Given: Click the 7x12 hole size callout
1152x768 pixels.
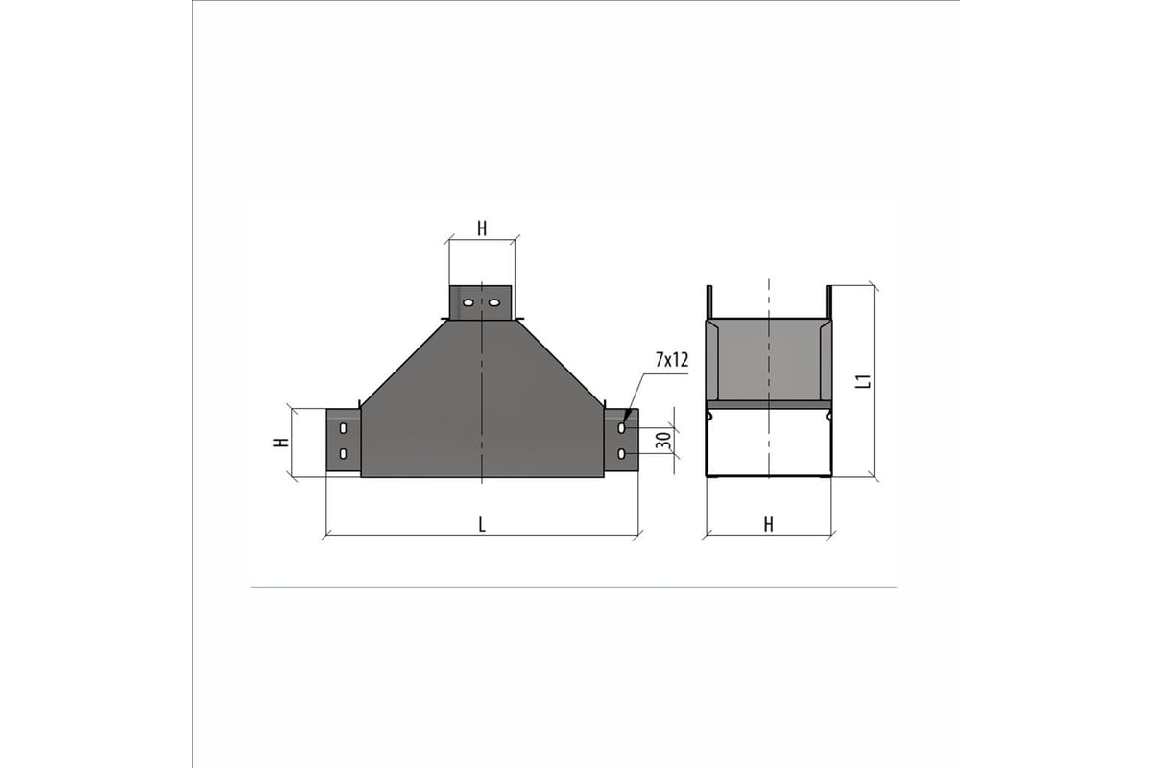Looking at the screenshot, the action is [x=672, y=360].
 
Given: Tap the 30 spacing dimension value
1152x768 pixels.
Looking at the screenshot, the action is [x=663, y=441].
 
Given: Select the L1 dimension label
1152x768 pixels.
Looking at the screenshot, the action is [x=865, y=381].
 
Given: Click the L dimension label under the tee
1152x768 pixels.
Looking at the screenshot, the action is [x=482, y=525].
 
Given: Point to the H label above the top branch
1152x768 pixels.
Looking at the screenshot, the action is [x=482, y=228].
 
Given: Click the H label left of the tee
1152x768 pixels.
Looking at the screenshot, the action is [x=280, y=442].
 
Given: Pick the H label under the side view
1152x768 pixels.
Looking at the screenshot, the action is [x=768, y=525].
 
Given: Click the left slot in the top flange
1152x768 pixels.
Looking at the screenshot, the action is [x=468, y=302].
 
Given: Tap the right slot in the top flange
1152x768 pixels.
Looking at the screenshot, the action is [x=493, y=302].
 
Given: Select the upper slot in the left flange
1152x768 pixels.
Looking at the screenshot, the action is [x=343, y=428].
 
